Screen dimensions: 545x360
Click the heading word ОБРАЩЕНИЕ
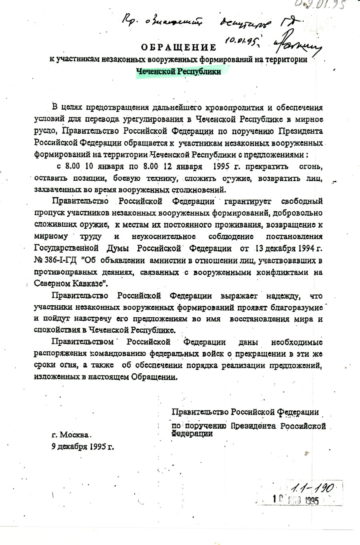(176, 48)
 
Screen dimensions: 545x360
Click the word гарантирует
(248, 201)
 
